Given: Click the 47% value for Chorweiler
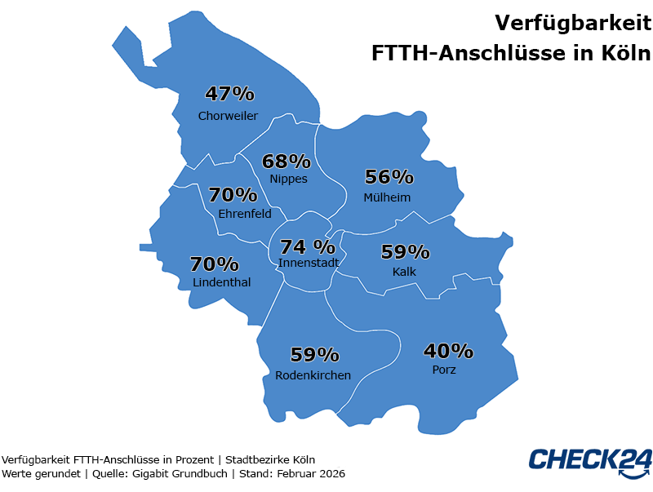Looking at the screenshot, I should [229, 94].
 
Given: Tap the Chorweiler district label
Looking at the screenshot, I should [228, 116].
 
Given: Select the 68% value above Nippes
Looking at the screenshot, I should [286, 162].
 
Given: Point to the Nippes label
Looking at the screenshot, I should [288, 179].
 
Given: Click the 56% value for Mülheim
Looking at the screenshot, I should [389, 177].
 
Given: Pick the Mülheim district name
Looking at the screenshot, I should [387, 197].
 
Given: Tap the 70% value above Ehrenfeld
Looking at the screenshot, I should [233, 195].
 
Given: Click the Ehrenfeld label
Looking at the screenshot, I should [245, 214].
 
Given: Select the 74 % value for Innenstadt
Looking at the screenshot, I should [308, 246].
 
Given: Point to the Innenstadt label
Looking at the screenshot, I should [309, 263].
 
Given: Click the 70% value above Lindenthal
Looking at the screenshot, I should [214, 264].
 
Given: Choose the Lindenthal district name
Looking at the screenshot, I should [222, 282].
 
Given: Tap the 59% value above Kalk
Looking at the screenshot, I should [405, 252].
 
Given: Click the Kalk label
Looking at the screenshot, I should [405, 271].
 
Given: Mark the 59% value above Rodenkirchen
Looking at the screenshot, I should [315, 355].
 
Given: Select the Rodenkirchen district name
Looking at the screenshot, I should [313, 375].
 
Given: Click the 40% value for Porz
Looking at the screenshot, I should [448, 352].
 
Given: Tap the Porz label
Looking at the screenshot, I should [444, 370].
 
